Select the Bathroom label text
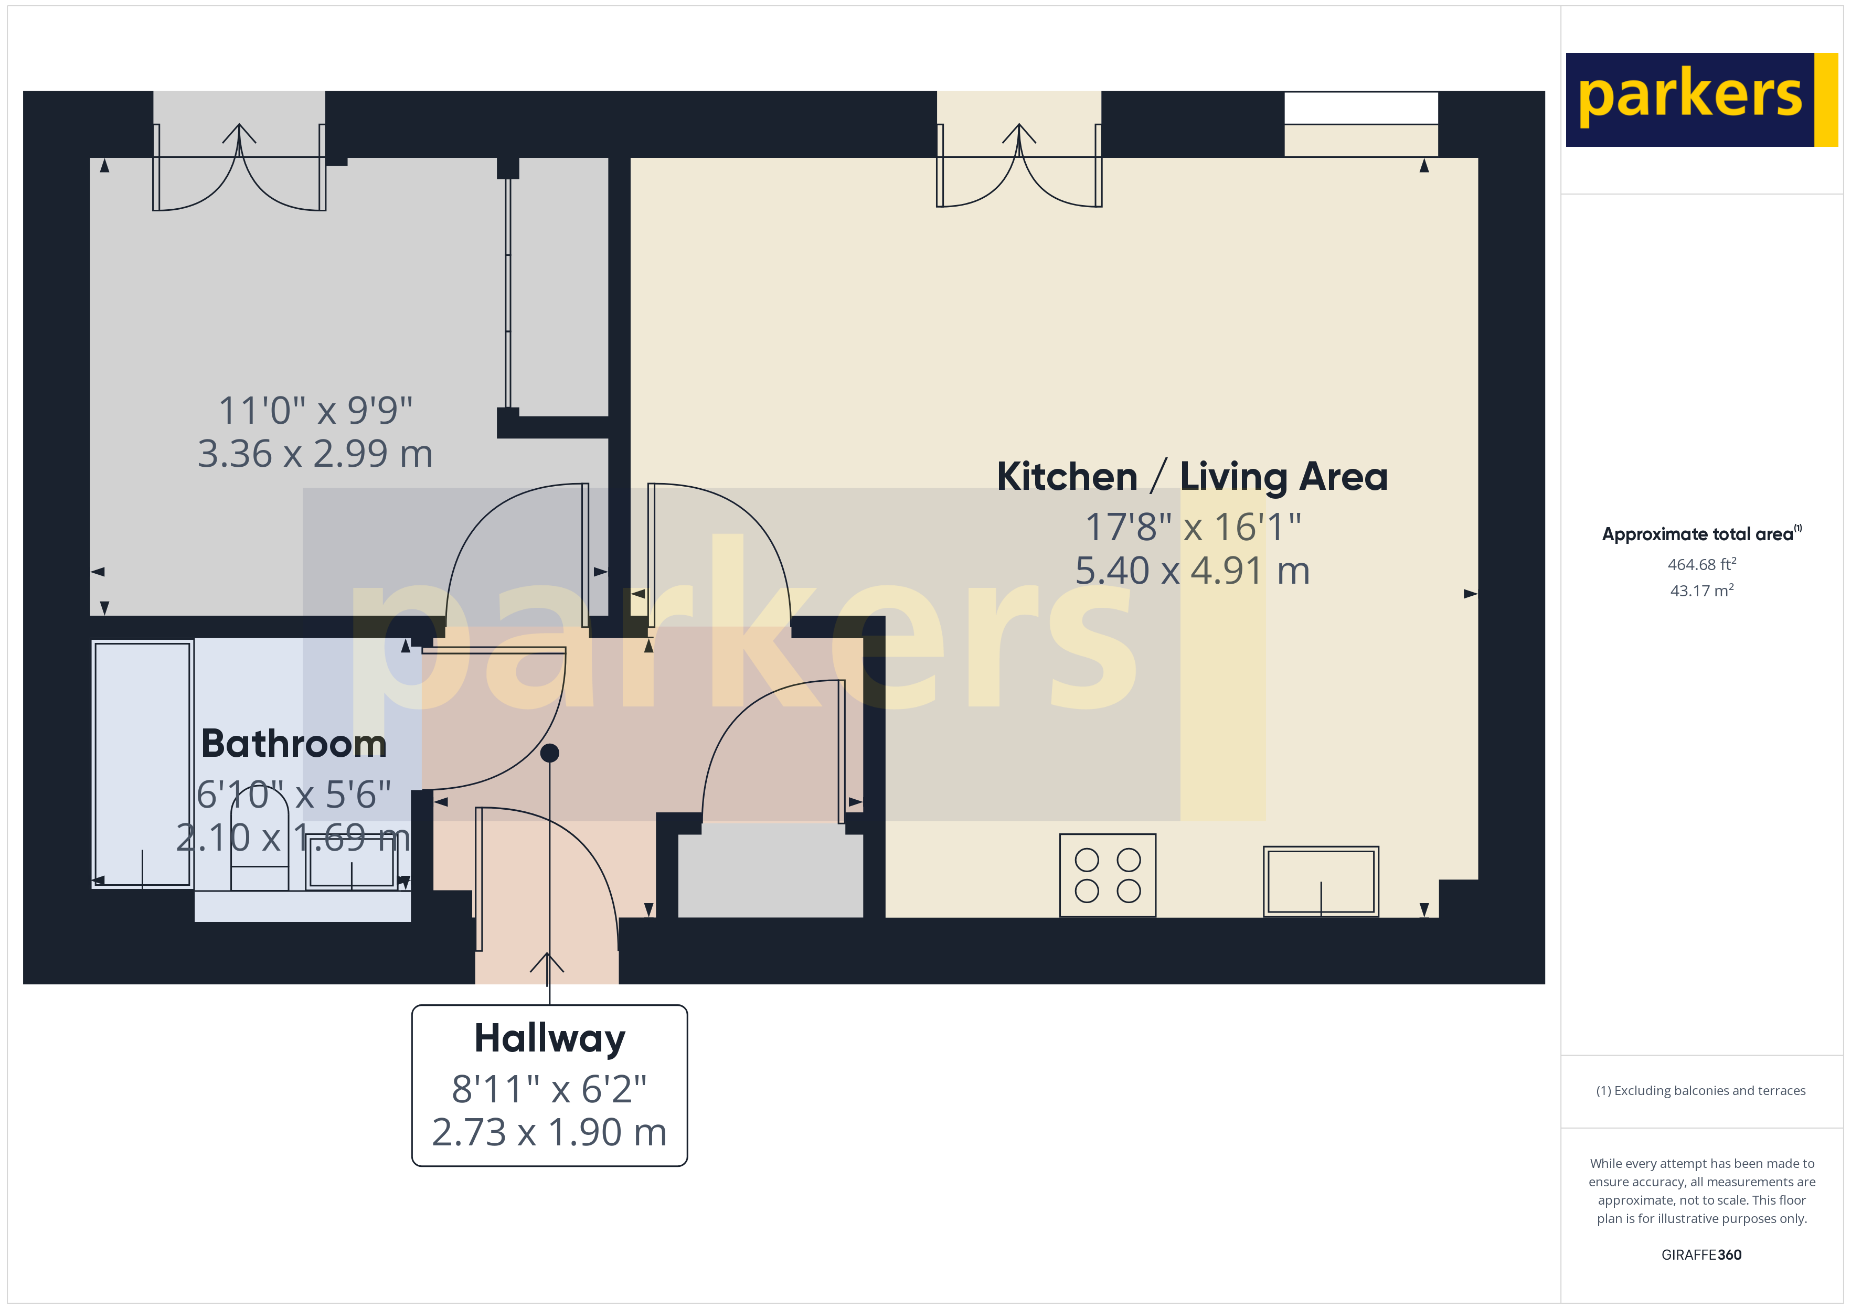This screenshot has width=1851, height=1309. [293, 743]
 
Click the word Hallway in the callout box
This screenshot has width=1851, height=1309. [549, 1038]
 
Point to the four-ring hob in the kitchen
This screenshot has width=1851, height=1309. [1107, 875]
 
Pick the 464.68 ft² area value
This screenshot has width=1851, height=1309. [1701, 564]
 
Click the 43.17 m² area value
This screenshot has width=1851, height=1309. [1701, 591]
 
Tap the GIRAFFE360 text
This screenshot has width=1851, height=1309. [1701, 1255]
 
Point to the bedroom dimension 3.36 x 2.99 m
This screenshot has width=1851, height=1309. [315, 454]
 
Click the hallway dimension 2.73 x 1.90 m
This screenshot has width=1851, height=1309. [549, 1132]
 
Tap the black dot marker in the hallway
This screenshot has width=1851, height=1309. [549, 753]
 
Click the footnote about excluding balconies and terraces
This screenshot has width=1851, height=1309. [1700, 1090]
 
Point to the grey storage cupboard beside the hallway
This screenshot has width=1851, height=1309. [770, 875]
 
